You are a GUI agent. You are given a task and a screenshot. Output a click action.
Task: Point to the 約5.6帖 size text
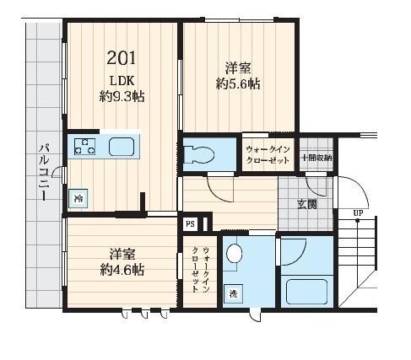[238, 83]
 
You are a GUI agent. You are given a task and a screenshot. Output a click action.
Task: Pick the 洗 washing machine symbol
[232, 294]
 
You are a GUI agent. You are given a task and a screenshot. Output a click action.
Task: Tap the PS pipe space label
[190, 225]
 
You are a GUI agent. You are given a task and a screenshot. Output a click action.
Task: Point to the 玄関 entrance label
[307, 203]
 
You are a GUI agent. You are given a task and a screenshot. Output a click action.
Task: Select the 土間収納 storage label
[316, 157]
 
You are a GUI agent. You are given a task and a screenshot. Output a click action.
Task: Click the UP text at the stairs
[359, 212]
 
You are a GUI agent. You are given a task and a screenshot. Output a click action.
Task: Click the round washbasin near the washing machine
[235, 253]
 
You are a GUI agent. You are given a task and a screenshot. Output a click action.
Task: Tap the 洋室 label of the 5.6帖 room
[237, 67]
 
